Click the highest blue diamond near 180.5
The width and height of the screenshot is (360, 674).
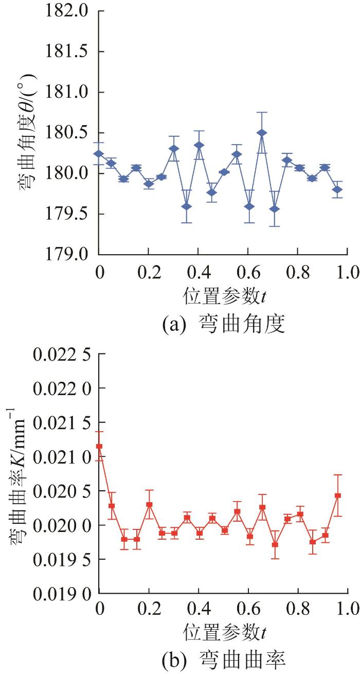[x=262, y=133]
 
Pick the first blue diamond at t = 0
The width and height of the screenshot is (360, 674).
[x=99, y=153]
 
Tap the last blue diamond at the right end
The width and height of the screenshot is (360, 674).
[x=337, y=189]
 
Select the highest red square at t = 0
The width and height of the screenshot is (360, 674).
[x=99, y=446]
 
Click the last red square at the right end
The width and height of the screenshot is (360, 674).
[x=338, y=495]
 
